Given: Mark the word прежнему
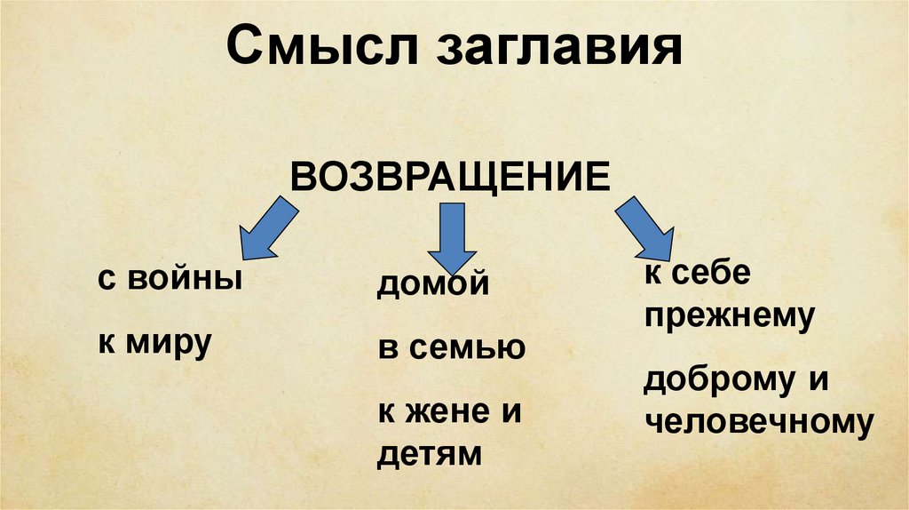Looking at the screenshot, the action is pos(729,315).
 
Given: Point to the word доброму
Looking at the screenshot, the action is pos(720,379).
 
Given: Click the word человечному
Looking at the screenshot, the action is pos(758,422).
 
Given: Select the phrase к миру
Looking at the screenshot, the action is pos(154,340).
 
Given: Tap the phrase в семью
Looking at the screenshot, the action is pos(451,347).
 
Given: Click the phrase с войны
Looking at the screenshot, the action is pos(170,279).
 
